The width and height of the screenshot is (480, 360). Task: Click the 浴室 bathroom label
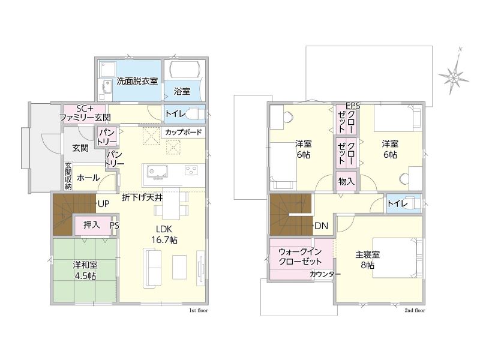click(x=182, y=91)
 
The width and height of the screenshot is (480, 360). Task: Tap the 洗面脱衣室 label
click(x=137, y=81)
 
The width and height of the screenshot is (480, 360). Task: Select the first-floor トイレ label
click(x=175, y=113)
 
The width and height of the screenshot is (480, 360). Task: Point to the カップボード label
click(x=184, y=132)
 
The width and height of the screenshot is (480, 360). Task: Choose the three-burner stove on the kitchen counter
click(x=191, y=170)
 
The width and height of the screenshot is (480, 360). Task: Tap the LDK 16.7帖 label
click(x=164, y=234)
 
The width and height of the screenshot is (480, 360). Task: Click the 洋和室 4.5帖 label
click(x=85, y=270)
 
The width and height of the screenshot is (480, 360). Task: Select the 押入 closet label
click(x=92, y=225)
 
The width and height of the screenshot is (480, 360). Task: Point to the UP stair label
click(x=103, y=204)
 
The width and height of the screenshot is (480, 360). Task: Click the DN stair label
click(x=322, y=226)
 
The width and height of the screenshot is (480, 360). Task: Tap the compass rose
click(x=454, y=74)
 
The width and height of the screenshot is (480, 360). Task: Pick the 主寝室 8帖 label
click(x=367, y=260)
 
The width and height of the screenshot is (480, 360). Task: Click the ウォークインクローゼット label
click(x=300, y=257)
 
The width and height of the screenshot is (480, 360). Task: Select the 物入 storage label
click(x=346, y=182)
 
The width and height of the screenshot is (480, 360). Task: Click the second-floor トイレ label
click(x=397, y=203)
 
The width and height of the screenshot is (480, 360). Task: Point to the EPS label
click(x=353, y=106)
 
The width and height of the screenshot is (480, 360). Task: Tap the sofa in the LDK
click(x=152, y=269)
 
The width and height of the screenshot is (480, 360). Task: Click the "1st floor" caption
click(x=199, y=310)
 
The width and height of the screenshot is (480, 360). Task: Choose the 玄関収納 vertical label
click(x=68, y=176)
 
